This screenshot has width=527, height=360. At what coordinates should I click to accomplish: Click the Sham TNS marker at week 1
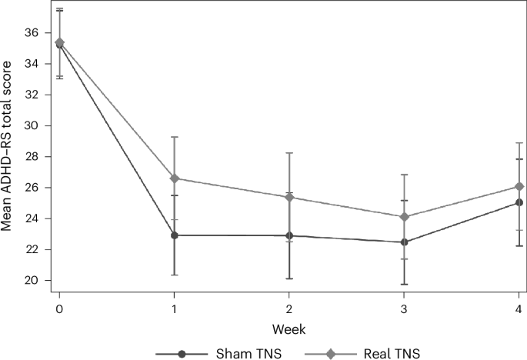[x=175, y=235]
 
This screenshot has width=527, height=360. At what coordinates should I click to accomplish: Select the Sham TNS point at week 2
[x=289, y=235]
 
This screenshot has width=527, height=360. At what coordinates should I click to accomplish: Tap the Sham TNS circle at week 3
[x=405, y=242]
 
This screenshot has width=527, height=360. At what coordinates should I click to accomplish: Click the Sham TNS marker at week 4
[x=519, y=202]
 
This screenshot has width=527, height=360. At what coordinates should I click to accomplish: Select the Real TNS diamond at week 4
[x=519, y=186]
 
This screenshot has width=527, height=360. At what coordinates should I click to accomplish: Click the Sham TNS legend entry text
[x=237, y=353]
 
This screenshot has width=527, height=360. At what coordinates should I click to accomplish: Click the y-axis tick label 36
[x=32, y=33]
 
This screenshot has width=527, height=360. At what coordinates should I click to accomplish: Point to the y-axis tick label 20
[x=32, y=281]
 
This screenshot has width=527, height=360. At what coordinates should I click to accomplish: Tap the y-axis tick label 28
[x=32, y=157]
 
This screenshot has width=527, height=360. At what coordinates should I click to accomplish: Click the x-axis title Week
[x=289, y=328]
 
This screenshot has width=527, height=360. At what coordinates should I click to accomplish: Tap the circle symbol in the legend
[x=182, y=353]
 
